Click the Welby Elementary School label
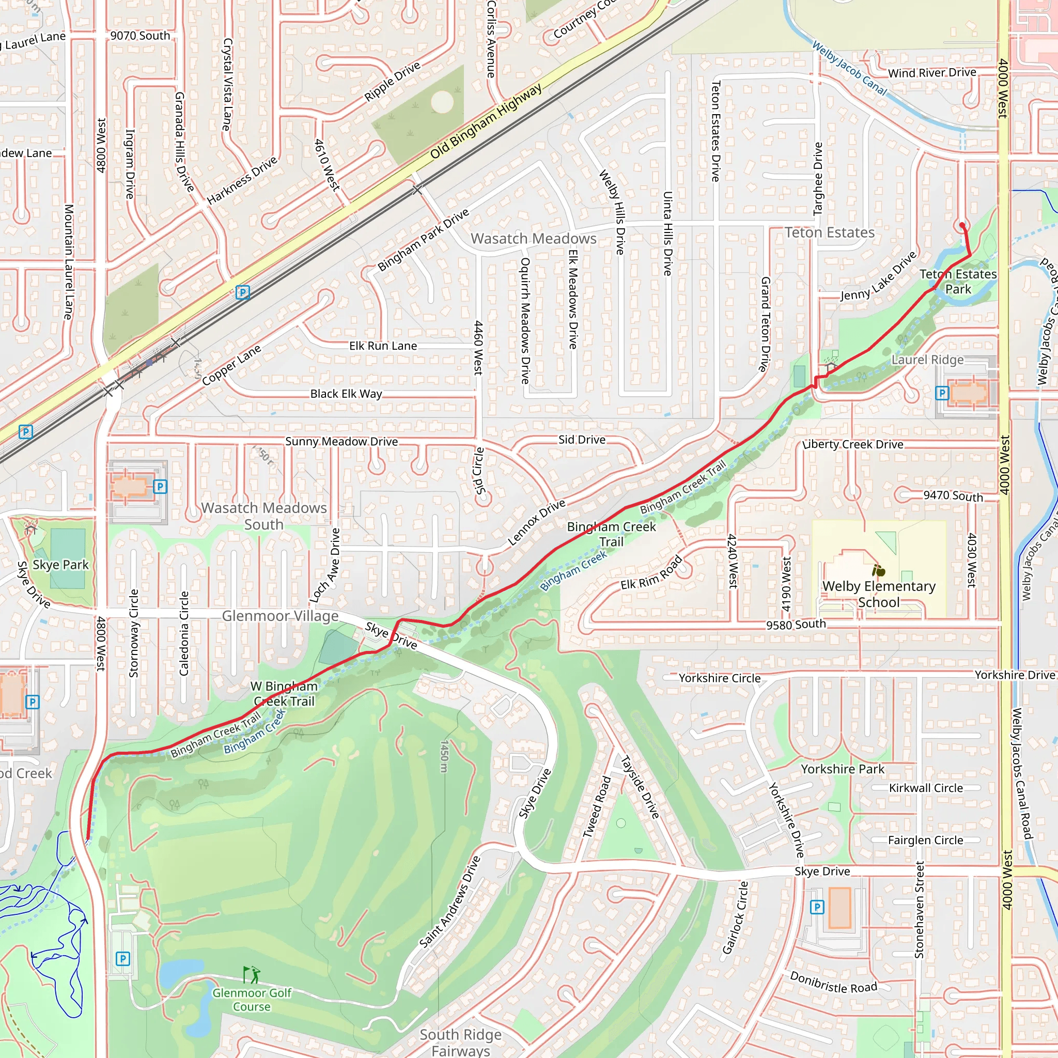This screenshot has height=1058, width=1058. [x=878, y=594]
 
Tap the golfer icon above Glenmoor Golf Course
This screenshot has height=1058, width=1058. [x=252, y=975]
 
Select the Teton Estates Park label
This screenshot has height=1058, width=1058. [x=958, y=282]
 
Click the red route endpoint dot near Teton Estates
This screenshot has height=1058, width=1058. [x=962, y=225]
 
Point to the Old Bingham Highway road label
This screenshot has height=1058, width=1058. [x=486, y=121]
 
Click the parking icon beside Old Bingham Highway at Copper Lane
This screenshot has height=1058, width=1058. [x=243, y=292]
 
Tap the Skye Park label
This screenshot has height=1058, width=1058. [x=60, y=565]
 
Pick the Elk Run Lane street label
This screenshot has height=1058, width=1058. [x=383, y=346]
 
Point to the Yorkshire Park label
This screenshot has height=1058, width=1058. [x=842, y=769]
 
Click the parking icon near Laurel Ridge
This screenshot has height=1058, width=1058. [x=941, y=393]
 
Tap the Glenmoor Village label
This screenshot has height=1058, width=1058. [x=280, y=616]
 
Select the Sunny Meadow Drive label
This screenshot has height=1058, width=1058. [x=341, y=441]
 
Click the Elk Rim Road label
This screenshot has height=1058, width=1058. [x=651, y=573]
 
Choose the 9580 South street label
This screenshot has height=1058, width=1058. [x=796, y=624]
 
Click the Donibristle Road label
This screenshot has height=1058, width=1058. [x=833, y=983]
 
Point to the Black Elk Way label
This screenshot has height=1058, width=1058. [x=346, y=394]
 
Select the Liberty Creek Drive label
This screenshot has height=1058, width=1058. [x=852, y=444]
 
